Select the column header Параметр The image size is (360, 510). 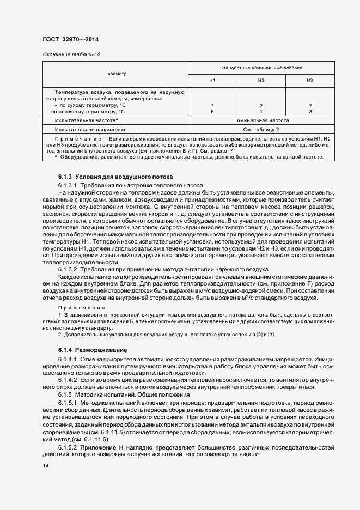point(115,74)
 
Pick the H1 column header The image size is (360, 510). point(212,80)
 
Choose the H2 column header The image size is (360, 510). point(261,80)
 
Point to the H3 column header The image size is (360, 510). point(309,80)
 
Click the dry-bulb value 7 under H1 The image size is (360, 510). point(212,105)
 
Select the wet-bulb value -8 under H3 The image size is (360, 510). point(309,111)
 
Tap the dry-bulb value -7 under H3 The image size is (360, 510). point(309,105)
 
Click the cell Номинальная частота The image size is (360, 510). point(261,120)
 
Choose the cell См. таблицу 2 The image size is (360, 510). point(261,130)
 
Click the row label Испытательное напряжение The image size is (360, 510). point(90,130)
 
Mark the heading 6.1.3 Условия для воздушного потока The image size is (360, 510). point(115,177)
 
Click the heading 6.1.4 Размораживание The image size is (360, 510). point(93,349)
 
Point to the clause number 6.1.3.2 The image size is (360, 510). point(69,269)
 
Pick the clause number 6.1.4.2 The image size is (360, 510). point(69,378)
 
